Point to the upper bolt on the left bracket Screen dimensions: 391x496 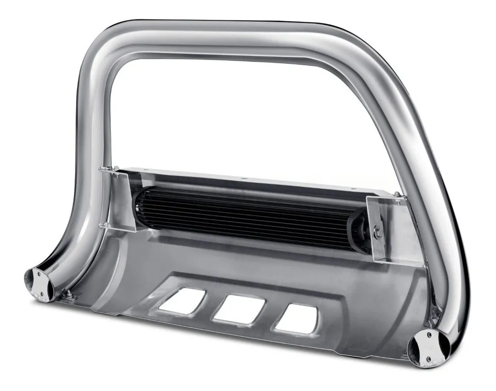[102, 169]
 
